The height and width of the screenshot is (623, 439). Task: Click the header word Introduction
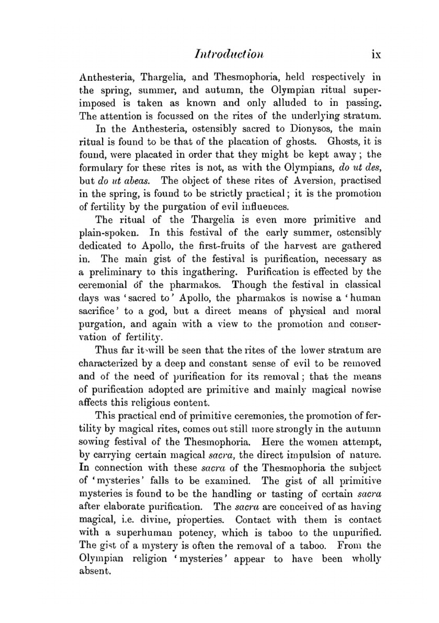229,54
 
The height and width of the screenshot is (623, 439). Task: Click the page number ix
376,54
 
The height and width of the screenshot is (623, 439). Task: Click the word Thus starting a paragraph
106,350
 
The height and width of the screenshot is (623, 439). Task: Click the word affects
93,402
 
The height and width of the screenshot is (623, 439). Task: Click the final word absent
94,572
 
